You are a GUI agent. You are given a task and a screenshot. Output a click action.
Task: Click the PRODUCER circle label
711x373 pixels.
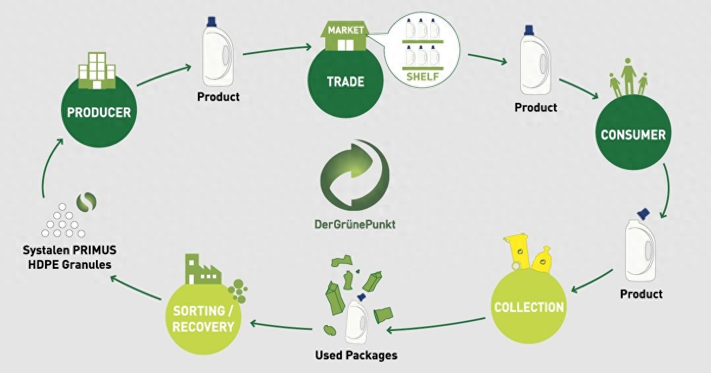pos(99,112)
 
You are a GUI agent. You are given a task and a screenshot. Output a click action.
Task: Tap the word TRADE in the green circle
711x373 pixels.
pos(345,82)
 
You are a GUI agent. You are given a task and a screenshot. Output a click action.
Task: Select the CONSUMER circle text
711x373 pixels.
pos(633,134)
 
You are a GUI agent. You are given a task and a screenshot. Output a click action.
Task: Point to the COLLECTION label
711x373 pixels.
pos(529,307)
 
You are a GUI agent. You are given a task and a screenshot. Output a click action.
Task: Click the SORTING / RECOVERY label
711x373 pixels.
pos(203,319)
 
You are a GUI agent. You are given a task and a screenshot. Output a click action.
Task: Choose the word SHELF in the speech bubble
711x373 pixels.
pos(422,76)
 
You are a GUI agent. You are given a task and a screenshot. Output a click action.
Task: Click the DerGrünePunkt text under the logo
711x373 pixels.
pos(354,225)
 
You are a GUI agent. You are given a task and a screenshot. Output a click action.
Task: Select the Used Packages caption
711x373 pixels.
pos(355,355)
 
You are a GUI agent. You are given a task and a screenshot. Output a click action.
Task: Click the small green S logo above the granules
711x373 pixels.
pos(88,202)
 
